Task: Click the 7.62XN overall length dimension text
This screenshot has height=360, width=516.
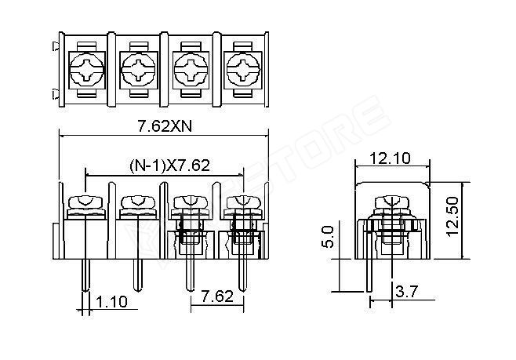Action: click(164, 126)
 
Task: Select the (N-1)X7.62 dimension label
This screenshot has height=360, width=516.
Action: click(169, 165)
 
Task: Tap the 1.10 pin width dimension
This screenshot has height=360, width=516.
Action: click(111, 302)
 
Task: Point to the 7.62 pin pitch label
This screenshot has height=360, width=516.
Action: click(217, 296)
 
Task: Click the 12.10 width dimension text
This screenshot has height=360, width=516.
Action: click(390, 158)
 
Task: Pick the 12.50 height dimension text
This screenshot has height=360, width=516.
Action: click(453, 216)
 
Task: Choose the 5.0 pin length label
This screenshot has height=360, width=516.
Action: click(329, 237)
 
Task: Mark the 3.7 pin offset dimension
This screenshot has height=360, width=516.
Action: click(406, 292)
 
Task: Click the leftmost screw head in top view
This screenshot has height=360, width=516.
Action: click(86, 70)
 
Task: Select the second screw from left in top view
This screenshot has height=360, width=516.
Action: click(138, 70)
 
